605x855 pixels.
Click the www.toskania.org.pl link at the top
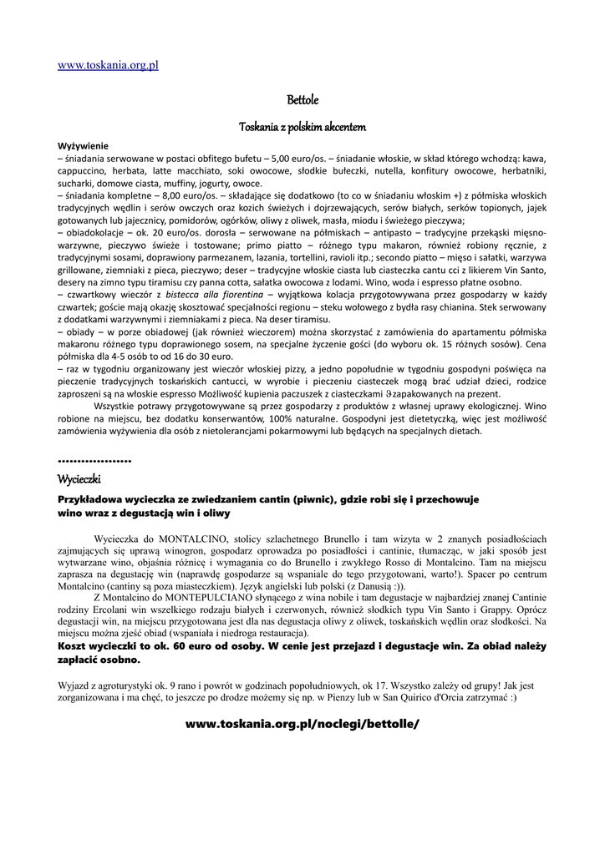coord(108,65)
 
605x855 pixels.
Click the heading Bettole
coord(302,101)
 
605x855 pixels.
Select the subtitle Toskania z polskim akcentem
coord(302,127)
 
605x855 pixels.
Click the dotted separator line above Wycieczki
coord(94,461)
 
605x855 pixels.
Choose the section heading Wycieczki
coord(79,480)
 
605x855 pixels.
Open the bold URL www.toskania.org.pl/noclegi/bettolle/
coord(302,724)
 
